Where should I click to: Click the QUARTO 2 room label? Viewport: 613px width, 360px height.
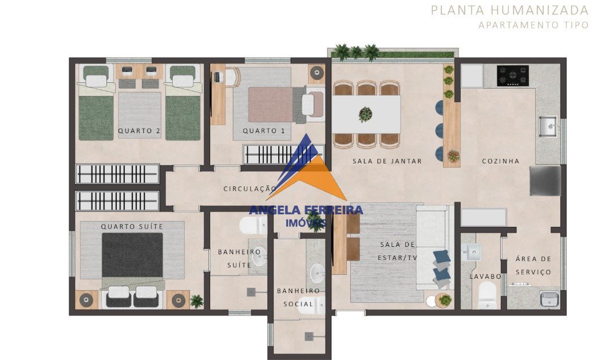pyautogui.click(x=139, y=131)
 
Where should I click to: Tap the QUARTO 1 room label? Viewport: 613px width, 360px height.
pyautogui.click(x=264, y=131)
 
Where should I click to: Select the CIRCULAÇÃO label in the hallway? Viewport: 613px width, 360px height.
pyautogui.click(x=250, y=189)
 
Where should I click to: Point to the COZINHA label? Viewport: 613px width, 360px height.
pyautogui.click(x=500, y=161)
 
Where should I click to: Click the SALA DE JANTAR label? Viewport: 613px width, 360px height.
pyautogui.click(x=387, y=161)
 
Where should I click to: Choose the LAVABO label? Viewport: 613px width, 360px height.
pyautogui.click(x=485, y=277)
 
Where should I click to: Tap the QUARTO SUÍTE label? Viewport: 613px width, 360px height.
pyautogui.click(x=132, y=226)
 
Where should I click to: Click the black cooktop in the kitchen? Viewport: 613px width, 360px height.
pyautogui.click(x=512, y=76)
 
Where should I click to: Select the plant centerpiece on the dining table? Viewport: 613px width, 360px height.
pyautogui.click(x=366, y=114)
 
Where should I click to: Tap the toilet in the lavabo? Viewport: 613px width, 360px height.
pyautogui.click(x=487, y=295)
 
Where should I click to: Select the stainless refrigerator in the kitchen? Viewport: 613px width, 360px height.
pyautogui.click(x=545, y=181)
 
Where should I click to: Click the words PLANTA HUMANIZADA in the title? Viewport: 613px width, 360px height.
pyautogui.click(x=510, y=10)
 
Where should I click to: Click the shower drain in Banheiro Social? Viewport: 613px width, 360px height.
pyautogui.click(x=309, y=336)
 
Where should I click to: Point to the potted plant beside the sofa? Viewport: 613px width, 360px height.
pyautogui.click(x=445, y=300)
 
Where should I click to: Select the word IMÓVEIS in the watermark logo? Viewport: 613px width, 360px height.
pyautogui.click(x=306, y=223)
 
